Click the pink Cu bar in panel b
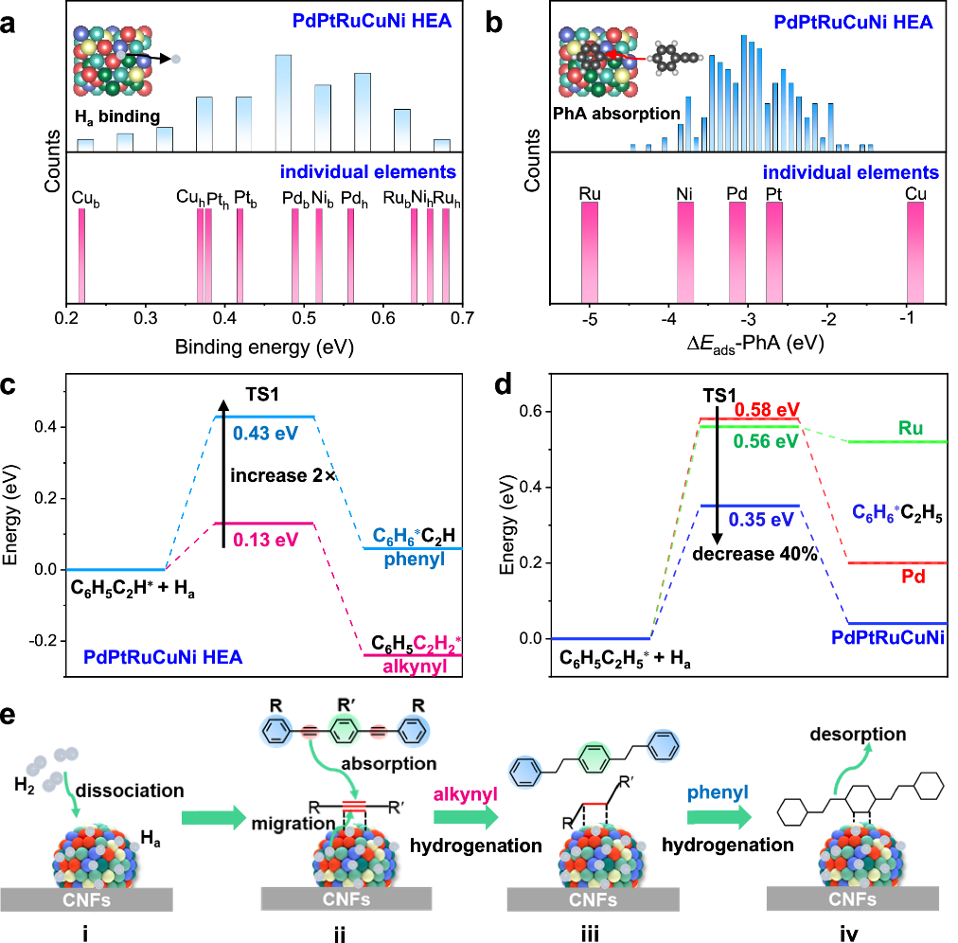(914, 251)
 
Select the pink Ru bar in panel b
(590, 251)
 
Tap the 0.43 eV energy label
(258, 434)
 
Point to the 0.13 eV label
(258, 539)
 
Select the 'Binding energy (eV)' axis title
(263, 347)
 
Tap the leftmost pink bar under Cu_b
(81, 254)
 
